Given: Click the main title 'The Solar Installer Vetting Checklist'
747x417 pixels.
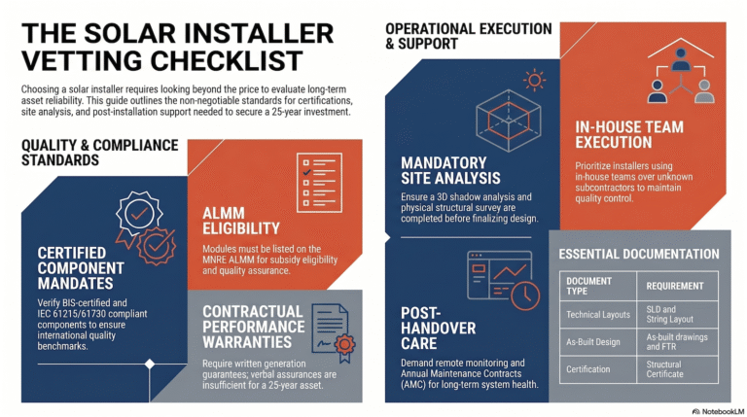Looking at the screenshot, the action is pos(178,47).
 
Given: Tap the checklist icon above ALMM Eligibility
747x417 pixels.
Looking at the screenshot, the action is pos(319,183).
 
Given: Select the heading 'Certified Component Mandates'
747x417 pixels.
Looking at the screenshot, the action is pos(81,268).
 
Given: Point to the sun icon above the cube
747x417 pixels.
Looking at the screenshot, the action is pos(534,80).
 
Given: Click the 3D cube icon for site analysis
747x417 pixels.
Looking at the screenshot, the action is pos(509,120).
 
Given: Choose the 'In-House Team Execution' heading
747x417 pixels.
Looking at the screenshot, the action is pos(629,135).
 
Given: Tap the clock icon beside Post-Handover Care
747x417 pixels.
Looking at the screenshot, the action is pos(525,295).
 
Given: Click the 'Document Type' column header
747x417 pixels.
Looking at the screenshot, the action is pos(588,286).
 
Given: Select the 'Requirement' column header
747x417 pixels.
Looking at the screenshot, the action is pos(675,286).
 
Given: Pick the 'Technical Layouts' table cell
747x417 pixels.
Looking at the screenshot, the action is pos(598,315).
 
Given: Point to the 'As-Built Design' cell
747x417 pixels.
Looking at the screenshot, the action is pos(592,342).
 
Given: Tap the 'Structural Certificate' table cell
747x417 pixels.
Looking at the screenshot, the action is pos(664,369).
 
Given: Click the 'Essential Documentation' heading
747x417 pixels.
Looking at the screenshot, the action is pos(639,255).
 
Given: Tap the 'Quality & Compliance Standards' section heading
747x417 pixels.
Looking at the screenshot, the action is pos(99,153).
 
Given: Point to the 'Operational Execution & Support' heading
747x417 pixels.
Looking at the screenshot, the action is pos(468,36).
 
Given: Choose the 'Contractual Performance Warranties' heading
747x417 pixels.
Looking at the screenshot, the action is pos(254,327).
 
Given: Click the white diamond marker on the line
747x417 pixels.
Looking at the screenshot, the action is pos(150,365).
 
